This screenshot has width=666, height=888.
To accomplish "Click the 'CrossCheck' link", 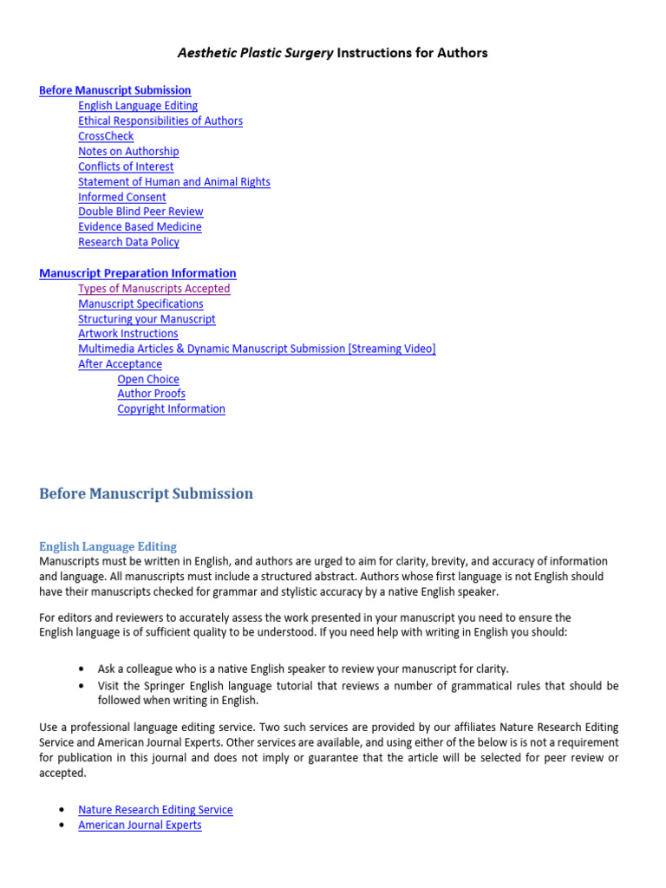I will (106, 136).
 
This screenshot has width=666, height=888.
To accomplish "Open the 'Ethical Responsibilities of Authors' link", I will (160, 121).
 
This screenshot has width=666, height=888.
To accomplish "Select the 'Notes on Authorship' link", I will (128, 152).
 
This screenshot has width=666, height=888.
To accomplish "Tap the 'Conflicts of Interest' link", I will (126, 166).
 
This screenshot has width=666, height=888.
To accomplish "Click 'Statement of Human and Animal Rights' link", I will (174, 182).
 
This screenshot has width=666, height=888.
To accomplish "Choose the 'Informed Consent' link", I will (122, 197).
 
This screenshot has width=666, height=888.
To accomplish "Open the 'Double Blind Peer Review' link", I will (140, 212).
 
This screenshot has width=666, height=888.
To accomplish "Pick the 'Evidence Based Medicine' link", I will (140, 227).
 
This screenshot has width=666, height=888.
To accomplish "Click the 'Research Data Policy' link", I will (128, 242).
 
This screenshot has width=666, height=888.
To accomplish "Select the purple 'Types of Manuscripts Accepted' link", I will (154, 289).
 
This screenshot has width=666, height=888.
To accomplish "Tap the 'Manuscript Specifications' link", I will (140, 304).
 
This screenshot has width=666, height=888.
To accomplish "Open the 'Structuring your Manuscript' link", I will (147, 319).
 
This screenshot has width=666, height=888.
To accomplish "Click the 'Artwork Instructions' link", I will (128, 334).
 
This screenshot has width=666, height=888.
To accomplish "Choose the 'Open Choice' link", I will (148, 380).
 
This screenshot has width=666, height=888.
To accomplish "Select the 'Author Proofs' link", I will (151, 394).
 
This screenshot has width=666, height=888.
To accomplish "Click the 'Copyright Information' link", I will (171, 409).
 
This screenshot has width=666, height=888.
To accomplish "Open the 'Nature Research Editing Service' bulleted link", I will (155, 810).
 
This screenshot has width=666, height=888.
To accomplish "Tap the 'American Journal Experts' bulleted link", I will (140, 826).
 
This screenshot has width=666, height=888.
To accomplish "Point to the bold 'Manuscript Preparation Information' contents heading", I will (137, 273).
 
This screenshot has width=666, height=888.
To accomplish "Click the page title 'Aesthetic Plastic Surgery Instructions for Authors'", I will (333, 53).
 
